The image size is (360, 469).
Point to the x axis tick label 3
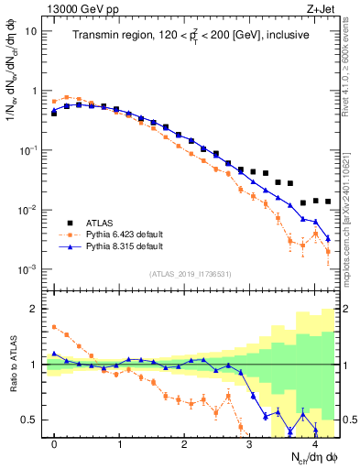click(x=250, y=443)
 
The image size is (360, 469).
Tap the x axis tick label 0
click(x=54, y=443)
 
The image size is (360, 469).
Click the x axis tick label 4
click(x=315, y=443)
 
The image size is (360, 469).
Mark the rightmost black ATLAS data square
click(x=328, y=202)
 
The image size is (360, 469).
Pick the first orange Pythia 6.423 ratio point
click(x=54, y=326)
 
